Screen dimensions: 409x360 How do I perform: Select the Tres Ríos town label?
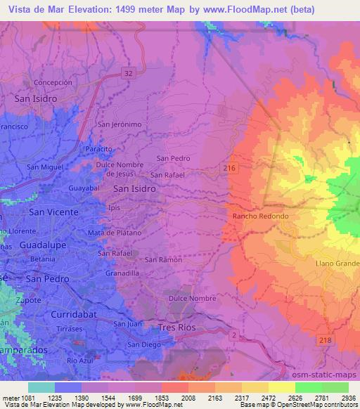tap(177, 327)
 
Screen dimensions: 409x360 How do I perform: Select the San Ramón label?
tap(163, 260)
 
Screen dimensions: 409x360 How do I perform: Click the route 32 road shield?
tap(127, 72)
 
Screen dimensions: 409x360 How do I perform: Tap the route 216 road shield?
tap(230, 167)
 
